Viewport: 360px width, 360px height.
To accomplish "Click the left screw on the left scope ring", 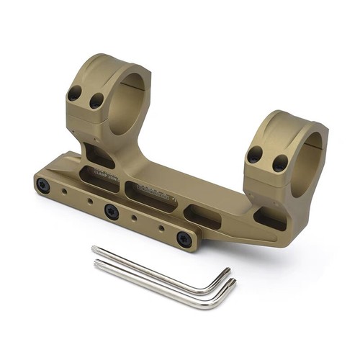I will pyautogui.click(x=74, y=93).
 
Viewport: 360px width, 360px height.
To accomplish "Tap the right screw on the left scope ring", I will pyautogui.click(x=94, y=102).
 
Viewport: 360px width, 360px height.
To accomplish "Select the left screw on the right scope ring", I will pyautogui.click(x=255, y=154).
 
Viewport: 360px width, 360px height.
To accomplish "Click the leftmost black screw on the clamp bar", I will pyautogui.click(x=44, y=185).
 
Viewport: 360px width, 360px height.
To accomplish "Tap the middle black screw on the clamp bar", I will pyautogui.click(x=111, y=211).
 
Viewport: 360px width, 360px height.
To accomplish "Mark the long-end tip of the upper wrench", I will pyautogui.click(x=94, y=249).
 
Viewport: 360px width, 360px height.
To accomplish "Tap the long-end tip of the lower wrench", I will pyautogui.click(x=98, y=264).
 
